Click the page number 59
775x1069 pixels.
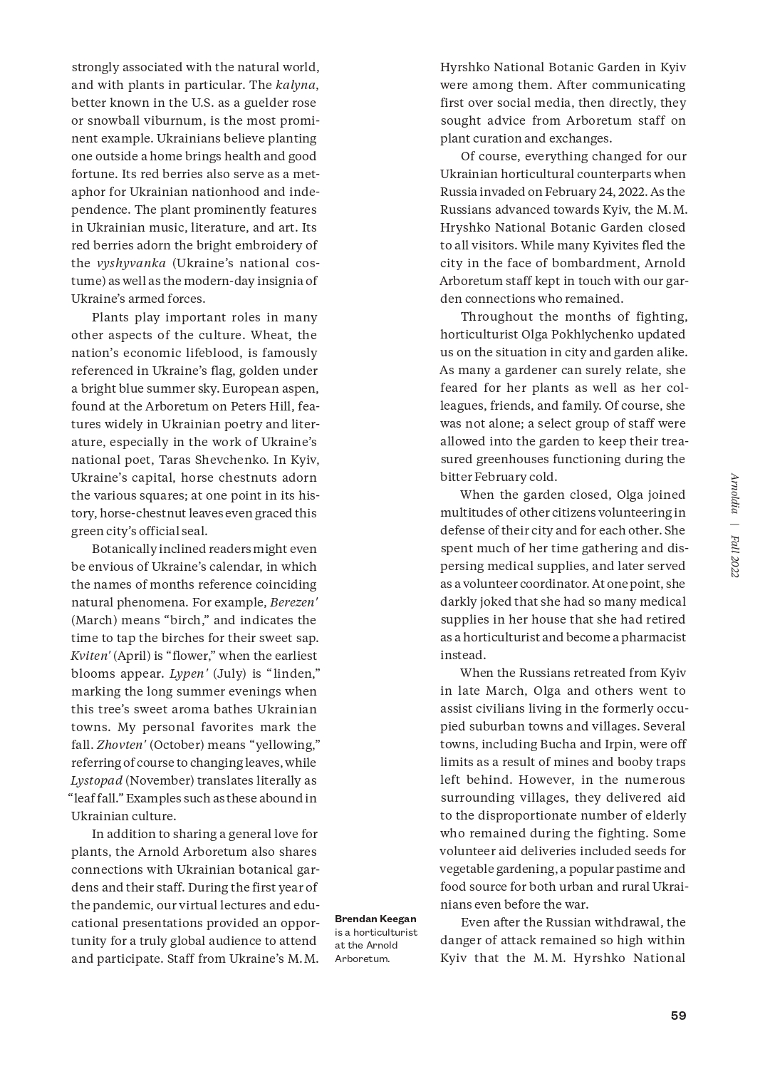coord(678,1016)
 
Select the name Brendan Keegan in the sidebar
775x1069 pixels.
coord(375,919)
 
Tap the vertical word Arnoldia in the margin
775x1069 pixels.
coord(734,494)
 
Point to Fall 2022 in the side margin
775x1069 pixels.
coord(734,557)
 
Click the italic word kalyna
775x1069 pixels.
coord(296,85)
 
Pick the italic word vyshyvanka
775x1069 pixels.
coord(131,263)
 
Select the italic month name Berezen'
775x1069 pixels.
coord(293,602)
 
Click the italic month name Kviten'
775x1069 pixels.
coord(90,656)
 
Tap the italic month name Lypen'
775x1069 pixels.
coord(188,673)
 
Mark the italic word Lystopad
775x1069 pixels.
coord(96,780)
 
